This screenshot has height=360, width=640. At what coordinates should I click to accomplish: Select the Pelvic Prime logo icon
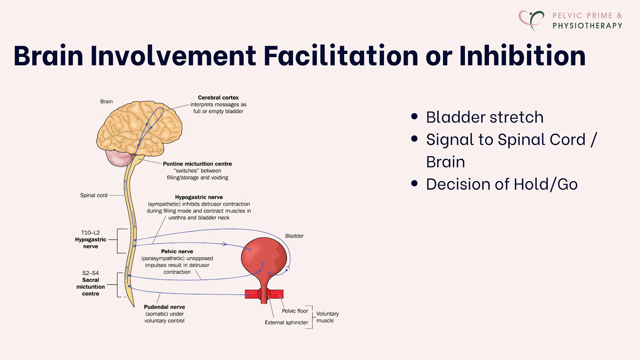coord(531,20)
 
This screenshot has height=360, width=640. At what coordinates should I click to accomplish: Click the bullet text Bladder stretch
coord(484,117)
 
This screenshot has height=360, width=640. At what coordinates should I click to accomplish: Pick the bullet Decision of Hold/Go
coord(502,184)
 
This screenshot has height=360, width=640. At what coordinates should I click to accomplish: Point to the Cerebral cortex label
coord(218,98)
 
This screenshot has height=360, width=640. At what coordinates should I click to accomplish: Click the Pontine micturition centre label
coord(197,164)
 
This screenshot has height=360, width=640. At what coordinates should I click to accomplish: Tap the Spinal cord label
coord(94,195)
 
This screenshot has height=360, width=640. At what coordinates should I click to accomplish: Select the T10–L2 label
coord(90,232)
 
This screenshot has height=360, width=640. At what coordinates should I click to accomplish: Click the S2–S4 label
coord(90,273)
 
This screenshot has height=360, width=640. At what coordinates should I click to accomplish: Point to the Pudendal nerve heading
coord(164,307)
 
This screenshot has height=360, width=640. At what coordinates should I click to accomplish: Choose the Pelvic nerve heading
coord(177,252)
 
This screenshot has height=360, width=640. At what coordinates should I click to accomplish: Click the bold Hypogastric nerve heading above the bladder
coord(199,197)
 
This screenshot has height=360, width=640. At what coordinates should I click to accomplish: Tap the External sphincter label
coord(286,322)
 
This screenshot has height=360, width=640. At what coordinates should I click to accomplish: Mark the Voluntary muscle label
coord(327,317)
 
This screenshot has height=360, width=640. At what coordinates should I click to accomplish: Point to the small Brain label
coord(106,102)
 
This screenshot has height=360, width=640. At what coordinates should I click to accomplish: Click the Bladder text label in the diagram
coord(294,236)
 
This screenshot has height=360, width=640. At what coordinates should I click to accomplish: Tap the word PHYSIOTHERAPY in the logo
coord(587,26)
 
